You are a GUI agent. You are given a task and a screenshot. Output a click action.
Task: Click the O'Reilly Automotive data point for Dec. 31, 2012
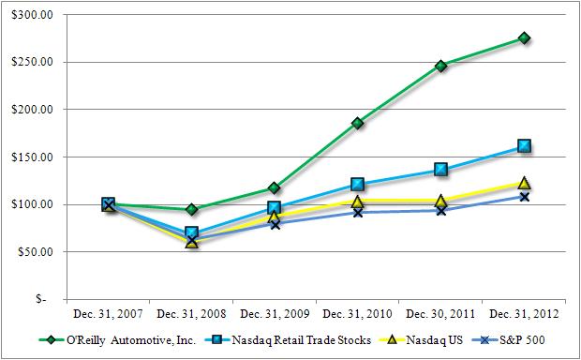pos(524,38)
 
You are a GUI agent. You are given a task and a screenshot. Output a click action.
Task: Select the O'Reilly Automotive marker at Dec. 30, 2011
pos(440,66)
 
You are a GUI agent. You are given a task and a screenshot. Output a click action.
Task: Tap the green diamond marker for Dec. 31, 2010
pos(357,123)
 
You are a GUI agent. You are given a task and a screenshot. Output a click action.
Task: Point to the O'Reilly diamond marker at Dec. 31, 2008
pos(191,209)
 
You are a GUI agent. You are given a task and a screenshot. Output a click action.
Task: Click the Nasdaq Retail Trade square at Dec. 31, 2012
pos(524,146)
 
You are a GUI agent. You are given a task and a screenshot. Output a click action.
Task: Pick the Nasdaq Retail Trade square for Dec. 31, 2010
pos(357,185)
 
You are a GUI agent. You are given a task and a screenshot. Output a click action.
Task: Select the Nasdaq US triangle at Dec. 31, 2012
pos(524,184)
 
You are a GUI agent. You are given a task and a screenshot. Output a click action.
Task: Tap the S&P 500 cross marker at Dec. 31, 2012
pos(524,197)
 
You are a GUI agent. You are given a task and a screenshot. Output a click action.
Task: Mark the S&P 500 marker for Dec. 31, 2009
pos(274,224)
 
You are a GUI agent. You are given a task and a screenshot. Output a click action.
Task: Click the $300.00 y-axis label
pos(36,15)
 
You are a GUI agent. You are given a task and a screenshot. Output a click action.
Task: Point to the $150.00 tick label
pos(36,157)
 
